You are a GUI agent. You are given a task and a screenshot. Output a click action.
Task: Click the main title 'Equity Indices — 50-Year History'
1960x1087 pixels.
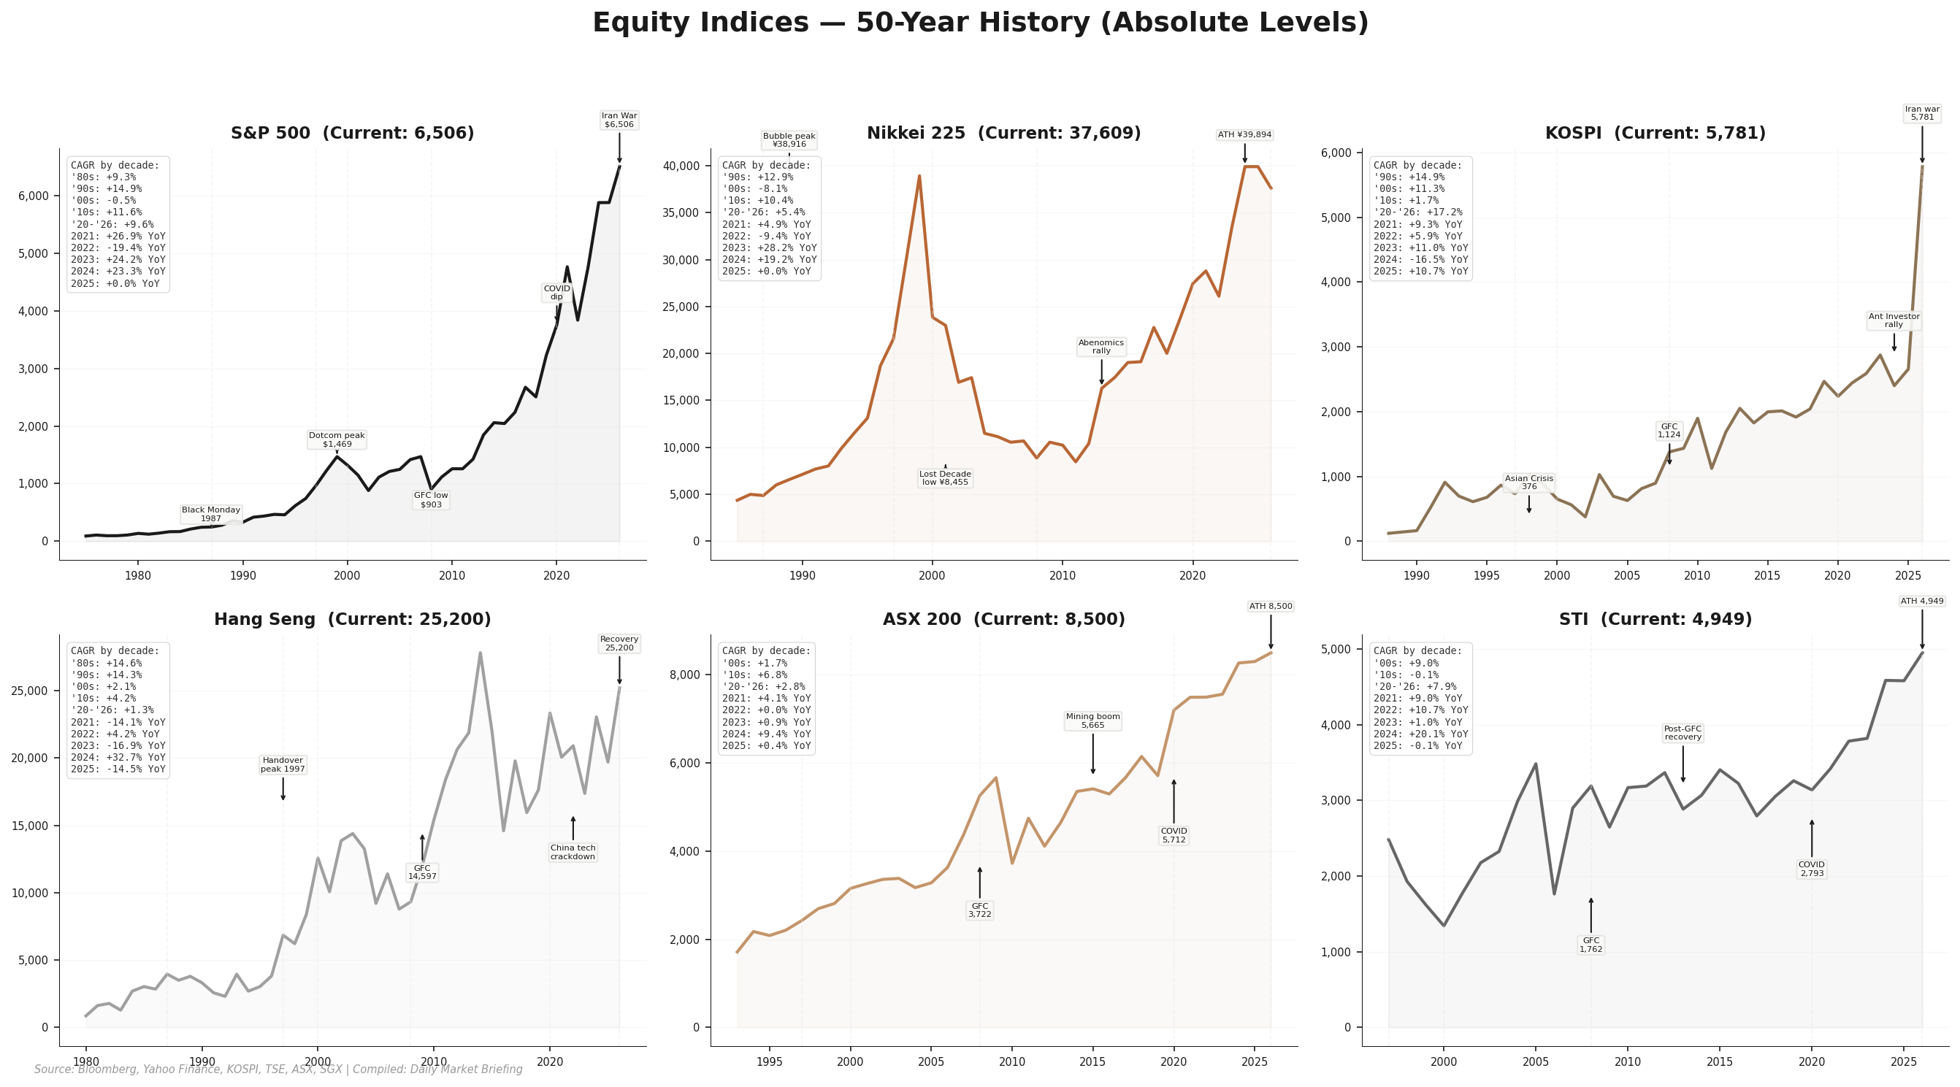coord(980,23)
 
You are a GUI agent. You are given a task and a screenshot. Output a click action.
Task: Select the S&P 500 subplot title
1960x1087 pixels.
coord(352,133)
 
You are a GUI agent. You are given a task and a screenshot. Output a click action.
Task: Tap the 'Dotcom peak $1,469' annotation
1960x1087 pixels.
coord(337,439)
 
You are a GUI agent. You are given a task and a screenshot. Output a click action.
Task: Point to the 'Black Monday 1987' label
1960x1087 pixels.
coord(211,514)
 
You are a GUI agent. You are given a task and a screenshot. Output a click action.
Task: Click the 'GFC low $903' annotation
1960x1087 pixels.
coord(431,500)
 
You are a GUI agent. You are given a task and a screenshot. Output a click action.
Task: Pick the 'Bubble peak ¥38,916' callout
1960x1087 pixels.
coord(789,140)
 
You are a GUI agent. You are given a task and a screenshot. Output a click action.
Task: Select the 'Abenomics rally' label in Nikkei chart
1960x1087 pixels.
coord(1101,347)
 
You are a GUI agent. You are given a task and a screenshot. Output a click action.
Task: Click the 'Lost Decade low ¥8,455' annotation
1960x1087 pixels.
coord(945,477)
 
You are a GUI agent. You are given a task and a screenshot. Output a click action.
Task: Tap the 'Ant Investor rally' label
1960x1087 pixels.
coord(1894,320)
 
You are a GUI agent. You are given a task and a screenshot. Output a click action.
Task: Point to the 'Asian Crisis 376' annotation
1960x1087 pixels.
coord(1528,483)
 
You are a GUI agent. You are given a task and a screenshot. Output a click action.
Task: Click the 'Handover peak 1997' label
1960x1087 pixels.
coord(283,764)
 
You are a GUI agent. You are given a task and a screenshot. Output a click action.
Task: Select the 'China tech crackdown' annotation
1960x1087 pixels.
coord(573,852)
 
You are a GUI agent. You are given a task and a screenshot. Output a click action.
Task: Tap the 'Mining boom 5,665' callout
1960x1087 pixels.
coord(1092,721)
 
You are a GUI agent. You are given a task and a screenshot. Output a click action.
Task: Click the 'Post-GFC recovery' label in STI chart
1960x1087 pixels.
coord(1683,732)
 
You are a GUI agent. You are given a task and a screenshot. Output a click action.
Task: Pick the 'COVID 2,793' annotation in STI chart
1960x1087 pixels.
coord(1811,869)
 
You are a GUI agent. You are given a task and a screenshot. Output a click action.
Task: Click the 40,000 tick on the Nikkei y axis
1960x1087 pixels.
coord(678,166)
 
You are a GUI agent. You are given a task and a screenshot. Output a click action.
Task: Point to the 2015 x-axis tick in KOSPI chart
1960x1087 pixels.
coord(1766,575)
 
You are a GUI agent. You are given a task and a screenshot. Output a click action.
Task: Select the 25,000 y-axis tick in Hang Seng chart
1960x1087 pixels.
coord(30,691)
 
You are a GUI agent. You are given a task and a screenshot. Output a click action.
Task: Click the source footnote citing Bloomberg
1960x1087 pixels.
coord(278,1069)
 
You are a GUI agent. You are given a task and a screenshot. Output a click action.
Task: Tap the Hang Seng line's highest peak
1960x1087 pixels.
coord(480,653)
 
